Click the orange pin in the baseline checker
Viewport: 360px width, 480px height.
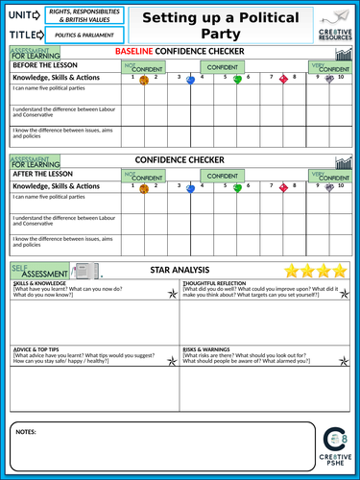[143, 80]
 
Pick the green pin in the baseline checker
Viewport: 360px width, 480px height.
[237, 80]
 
